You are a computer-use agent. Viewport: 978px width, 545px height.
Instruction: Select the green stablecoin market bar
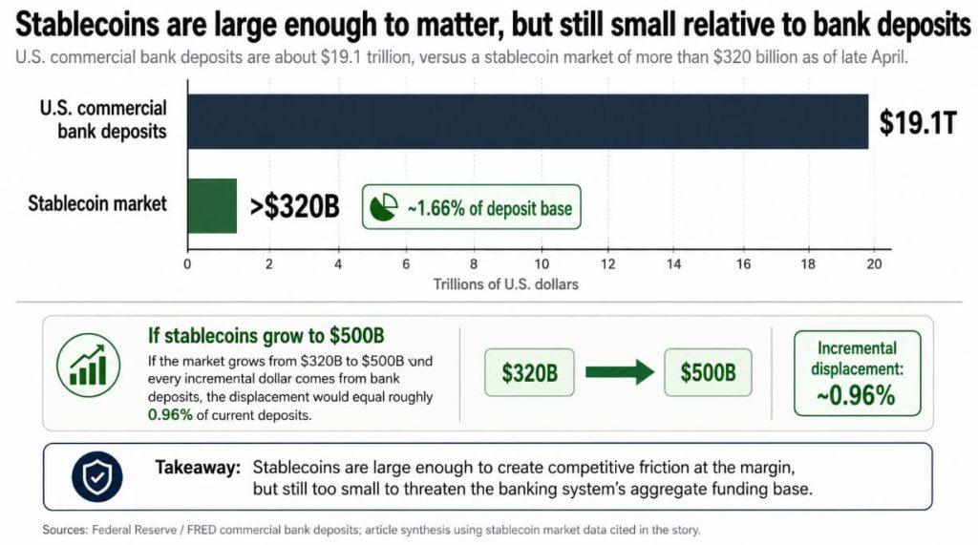click(x=211, y=205)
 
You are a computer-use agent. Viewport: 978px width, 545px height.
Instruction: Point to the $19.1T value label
click(x=918, y=124)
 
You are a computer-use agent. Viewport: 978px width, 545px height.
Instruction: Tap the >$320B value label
click(x=294, y=205)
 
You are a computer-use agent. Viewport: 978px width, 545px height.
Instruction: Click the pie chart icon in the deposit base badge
click(x=384, y=207)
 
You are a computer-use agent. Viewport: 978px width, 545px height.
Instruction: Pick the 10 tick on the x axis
click(x=542, y=265)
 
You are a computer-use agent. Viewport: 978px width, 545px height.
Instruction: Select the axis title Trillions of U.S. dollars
click(x=505, y=284)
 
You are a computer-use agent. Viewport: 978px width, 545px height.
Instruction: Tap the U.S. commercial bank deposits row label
click(x=103, y=119)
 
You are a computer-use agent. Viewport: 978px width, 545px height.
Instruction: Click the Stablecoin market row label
click(x=97, y=203)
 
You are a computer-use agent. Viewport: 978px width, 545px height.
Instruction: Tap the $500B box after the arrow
click(x=708, y=372)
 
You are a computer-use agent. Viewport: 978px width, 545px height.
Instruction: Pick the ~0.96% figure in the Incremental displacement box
click(x=857, y=394)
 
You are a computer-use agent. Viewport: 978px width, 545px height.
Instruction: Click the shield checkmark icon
click(x=97, y=476)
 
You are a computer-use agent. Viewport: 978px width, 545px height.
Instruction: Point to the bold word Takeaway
click(x=198, y=469)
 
